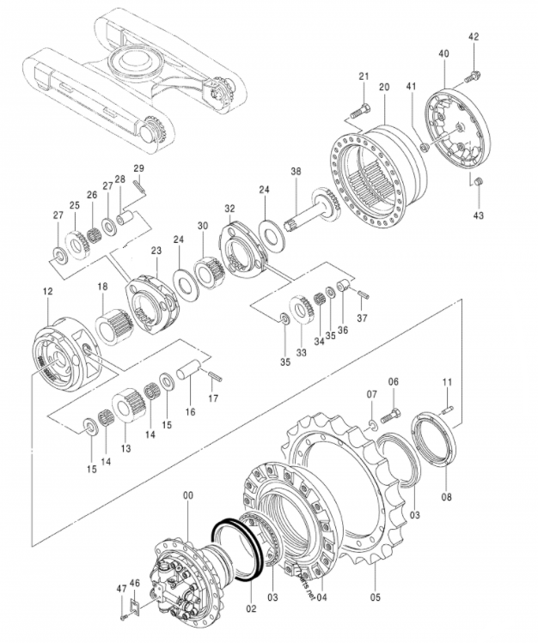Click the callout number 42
click(474, 37)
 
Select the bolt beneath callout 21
click(361, 110)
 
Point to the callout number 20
click(383, 88)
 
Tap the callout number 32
click(229, 209)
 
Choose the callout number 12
click(48, 294)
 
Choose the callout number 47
click(120, 589)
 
